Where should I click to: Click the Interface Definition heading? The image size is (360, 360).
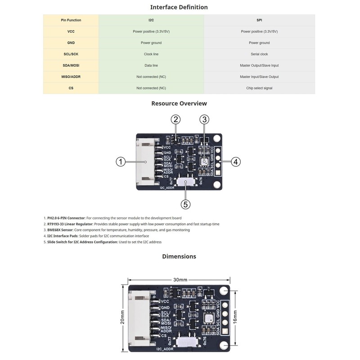pos(179,7)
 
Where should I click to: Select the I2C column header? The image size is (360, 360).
pos(151,20)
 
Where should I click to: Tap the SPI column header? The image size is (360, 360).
pos(259,20)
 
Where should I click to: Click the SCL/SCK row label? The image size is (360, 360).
pos(71,54)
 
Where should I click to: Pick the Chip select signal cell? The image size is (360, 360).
pos(259,88)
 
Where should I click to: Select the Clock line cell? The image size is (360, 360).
pos(151,54)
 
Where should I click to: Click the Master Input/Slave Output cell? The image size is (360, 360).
pos(259,77)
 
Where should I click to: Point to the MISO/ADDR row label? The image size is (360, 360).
pos(71,77)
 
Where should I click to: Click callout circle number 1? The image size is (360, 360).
pos(120,162)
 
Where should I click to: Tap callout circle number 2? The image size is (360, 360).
pos(176,119)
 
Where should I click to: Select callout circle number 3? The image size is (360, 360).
pos(204,119)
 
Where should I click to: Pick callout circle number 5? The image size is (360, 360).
pos(186,204)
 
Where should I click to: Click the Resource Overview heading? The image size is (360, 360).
pos(179,103)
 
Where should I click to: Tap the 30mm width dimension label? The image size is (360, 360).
pos(180,279)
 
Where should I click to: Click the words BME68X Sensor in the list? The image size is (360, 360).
pos(60,230)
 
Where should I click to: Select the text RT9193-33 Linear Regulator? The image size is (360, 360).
pos(70,224)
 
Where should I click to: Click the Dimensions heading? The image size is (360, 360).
pos(179,256)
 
